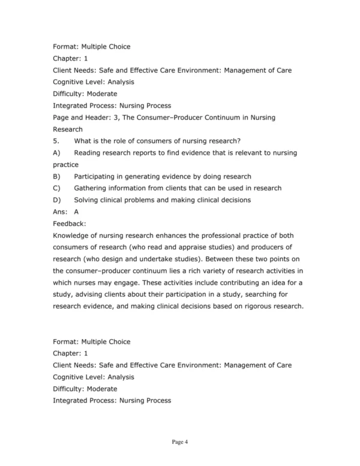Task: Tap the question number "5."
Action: pos(56,141)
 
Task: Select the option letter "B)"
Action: pos(57,177)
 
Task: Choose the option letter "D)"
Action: pos(57,200)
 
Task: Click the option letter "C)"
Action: pos(57,188)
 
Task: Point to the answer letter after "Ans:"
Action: pos(76,211)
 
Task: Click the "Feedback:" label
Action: pos(70,223)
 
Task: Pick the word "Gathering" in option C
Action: pos(92,188)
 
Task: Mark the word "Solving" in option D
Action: pos(87,200)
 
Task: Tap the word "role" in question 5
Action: pos(119,141)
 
